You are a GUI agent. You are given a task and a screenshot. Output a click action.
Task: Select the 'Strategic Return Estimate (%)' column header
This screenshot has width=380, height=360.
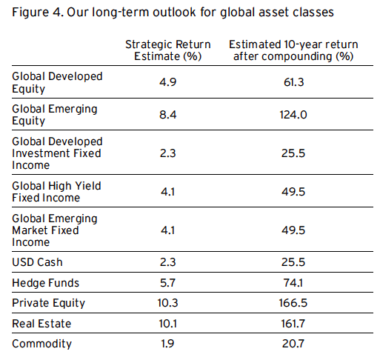click(168, 50)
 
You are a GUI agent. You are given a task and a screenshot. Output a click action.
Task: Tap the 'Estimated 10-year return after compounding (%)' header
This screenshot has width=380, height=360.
click(293, 50)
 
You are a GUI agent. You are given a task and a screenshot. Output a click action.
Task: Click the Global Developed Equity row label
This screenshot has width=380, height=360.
click(57, 82)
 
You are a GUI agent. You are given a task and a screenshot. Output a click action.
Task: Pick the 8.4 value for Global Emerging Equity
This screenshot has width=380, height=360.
click(168, 115)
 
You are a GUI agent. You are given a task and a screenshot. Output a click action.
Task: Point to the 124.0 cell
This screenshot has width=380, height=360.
click(293, 115)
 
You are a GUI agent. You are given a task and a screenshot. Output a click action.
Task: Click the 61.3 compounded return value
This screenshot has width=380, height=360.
click(293, 82)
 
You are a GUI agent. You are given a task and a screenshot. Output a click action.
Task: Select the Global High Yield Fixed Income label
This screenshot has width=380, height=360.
click(56, 192)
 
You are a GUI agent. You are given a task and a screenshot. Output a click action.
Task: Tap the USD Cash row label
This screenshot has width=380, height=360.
click(37, 262)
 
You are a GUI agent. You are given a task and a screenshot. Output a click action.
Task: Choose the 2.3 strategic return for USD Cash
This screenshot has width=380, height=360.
click(168, 262)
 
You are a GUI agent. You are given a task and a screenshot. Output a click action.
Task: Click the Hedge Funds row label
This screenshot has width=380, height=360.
click(46, 283)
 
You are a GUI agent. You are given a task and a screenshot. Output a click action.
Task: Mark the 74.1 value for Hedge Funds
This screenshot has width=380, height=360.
click(293, 283)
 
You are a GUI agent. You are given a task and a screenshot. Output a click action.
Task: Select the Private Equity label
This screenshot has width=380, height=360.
click(49, 303)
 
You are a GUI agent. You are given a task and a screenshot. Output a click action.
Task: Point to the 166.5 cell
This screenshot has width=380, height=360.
click(293, 303)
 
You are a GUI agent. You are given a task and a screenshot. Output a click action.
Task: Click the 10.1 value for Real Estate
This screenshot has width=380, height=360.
click(168, 324)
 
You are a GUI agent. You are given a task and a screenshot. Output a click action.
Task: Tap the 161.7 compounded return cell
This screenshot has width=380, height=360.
click(293, 324)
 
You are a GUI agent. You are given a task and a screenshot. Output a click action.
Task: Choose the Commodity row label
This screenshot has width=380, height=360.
click(42, 344)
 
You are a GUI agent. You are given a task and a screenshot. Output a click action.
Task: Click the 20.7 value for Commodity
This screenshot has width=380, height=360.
click(293, 344)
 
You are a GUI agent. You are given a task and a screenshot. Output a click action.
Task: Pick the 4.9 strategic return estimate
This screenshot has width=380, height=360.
click(168, 82)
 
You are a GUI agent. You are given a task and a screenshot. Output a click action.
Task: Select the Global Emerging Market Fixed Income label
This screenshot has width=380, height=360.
click(55, 230)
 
